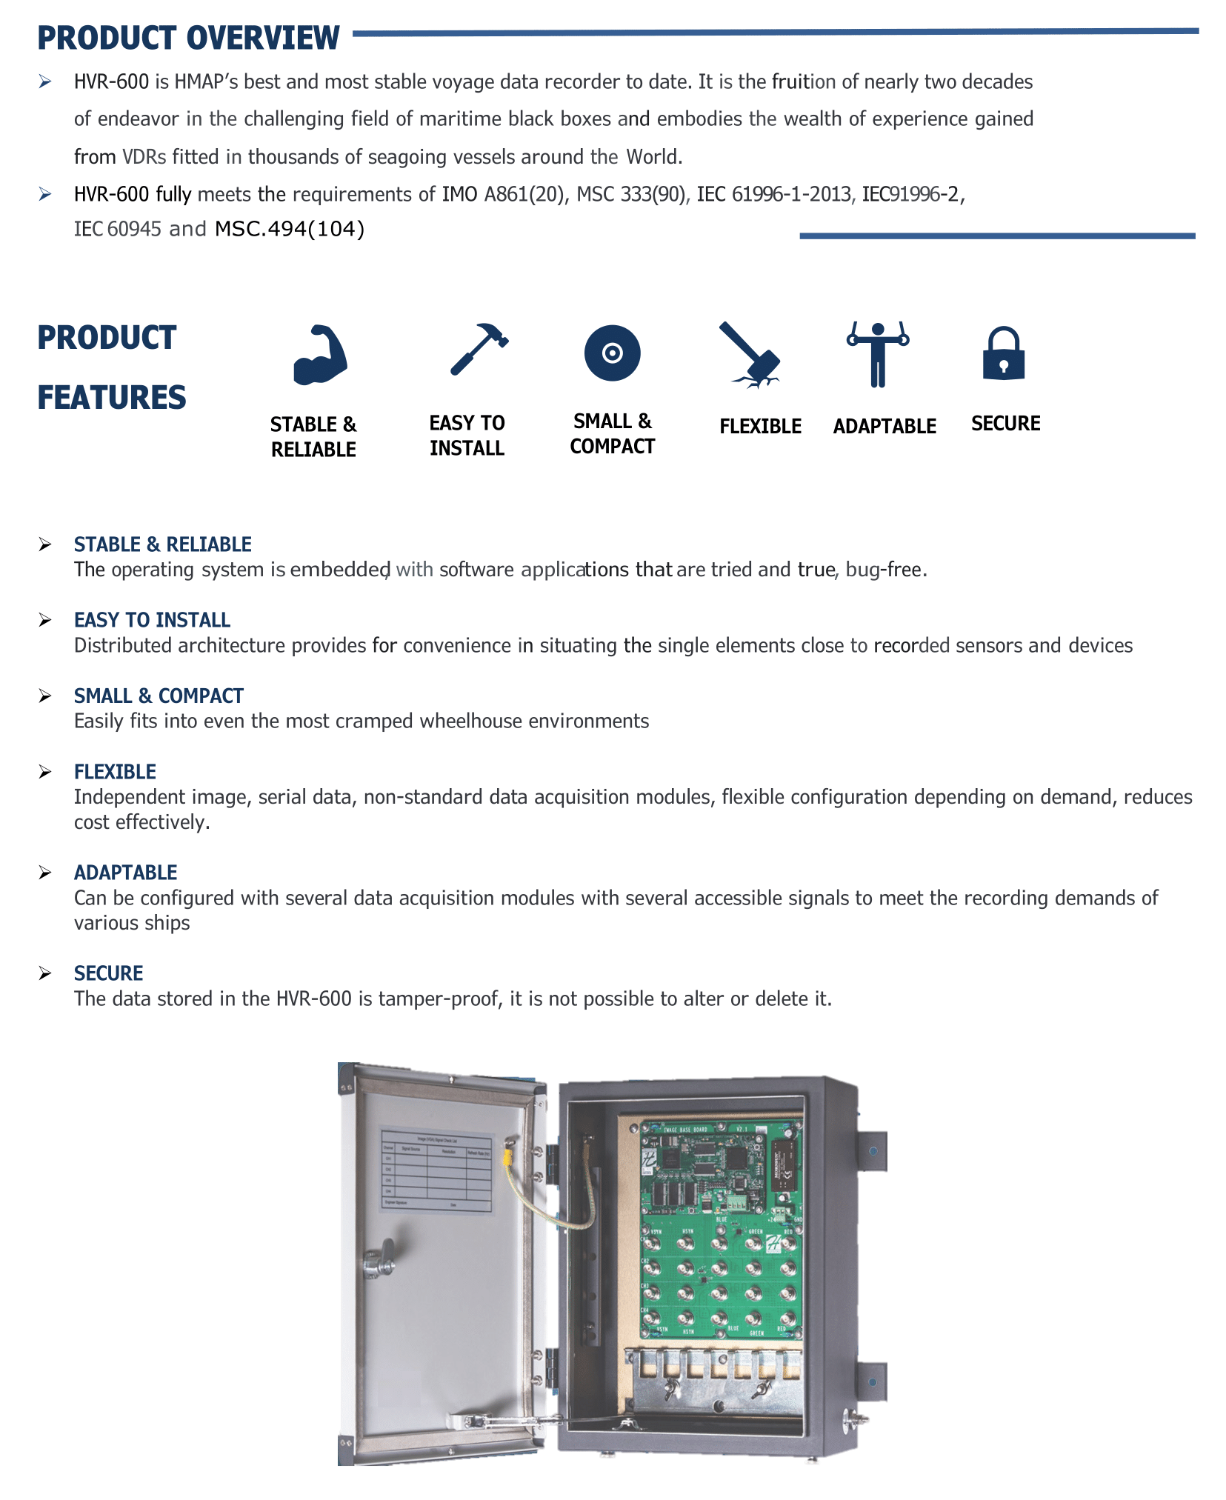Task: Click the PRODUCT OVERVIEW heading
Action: (188, 39)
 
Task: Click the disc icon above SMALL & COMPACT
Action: (612, 353)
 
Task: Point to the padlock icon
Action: (1004, 354)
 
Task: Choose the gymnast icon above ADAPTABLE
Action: (878, 354)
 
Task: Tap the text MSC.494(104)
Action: (290, 229)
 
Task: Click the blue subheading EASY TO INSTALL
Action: (152, 620)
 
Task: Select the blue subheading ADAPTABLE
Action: (125, 873)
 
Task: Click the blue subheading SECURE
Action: (108, 973)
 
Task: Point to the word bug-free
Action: (884, 570)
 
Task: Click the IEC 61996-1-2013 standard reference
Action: (774, 194)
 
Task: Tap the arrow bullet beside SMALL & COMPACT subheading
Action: (45, 696)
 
